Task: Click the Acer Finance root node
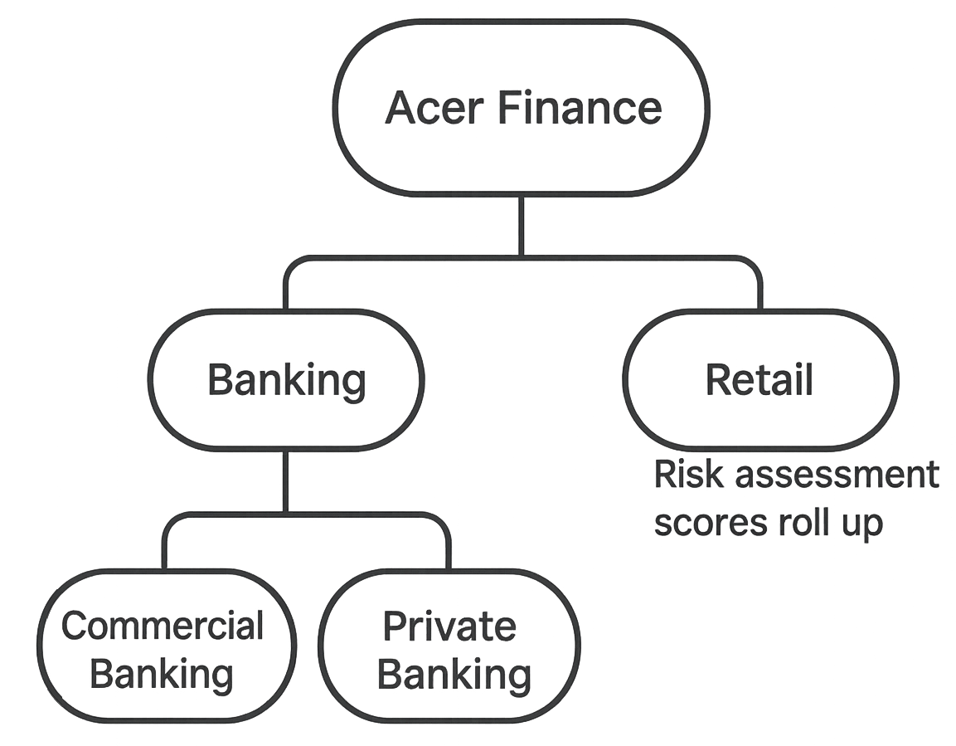pyautogui.click(x=522, y=108)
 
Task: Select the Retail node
pyautogui.click(x=760, y=379)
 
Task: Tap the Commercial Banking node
pyautogui.click(x=167, y=646)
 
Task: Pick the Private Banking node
pyautogui.click(x=449, y=646)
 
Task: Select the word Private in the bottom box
pyautogui.click(x=450, y=626)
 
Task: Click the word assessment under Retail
pyautogui.click(x=837, y=475)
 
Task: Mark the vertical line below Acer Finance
pyautogui.click(x=522, y=226)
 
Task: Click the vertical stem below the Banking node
pyautogui.click(x=285, y=480)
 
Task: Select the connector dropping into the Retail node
pyautogui.click(x=759, y=286)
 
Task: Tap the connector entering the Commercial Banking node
pyautogui.click(x=166, y=543)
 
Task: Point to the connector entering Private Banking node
pyautogui.click(x=448, y=543)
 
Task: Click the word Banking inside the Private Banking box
pyautogui.click(x=454, y=675)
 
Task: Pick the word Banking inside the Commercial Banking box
pyautogui.click(x=162, y=675)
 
